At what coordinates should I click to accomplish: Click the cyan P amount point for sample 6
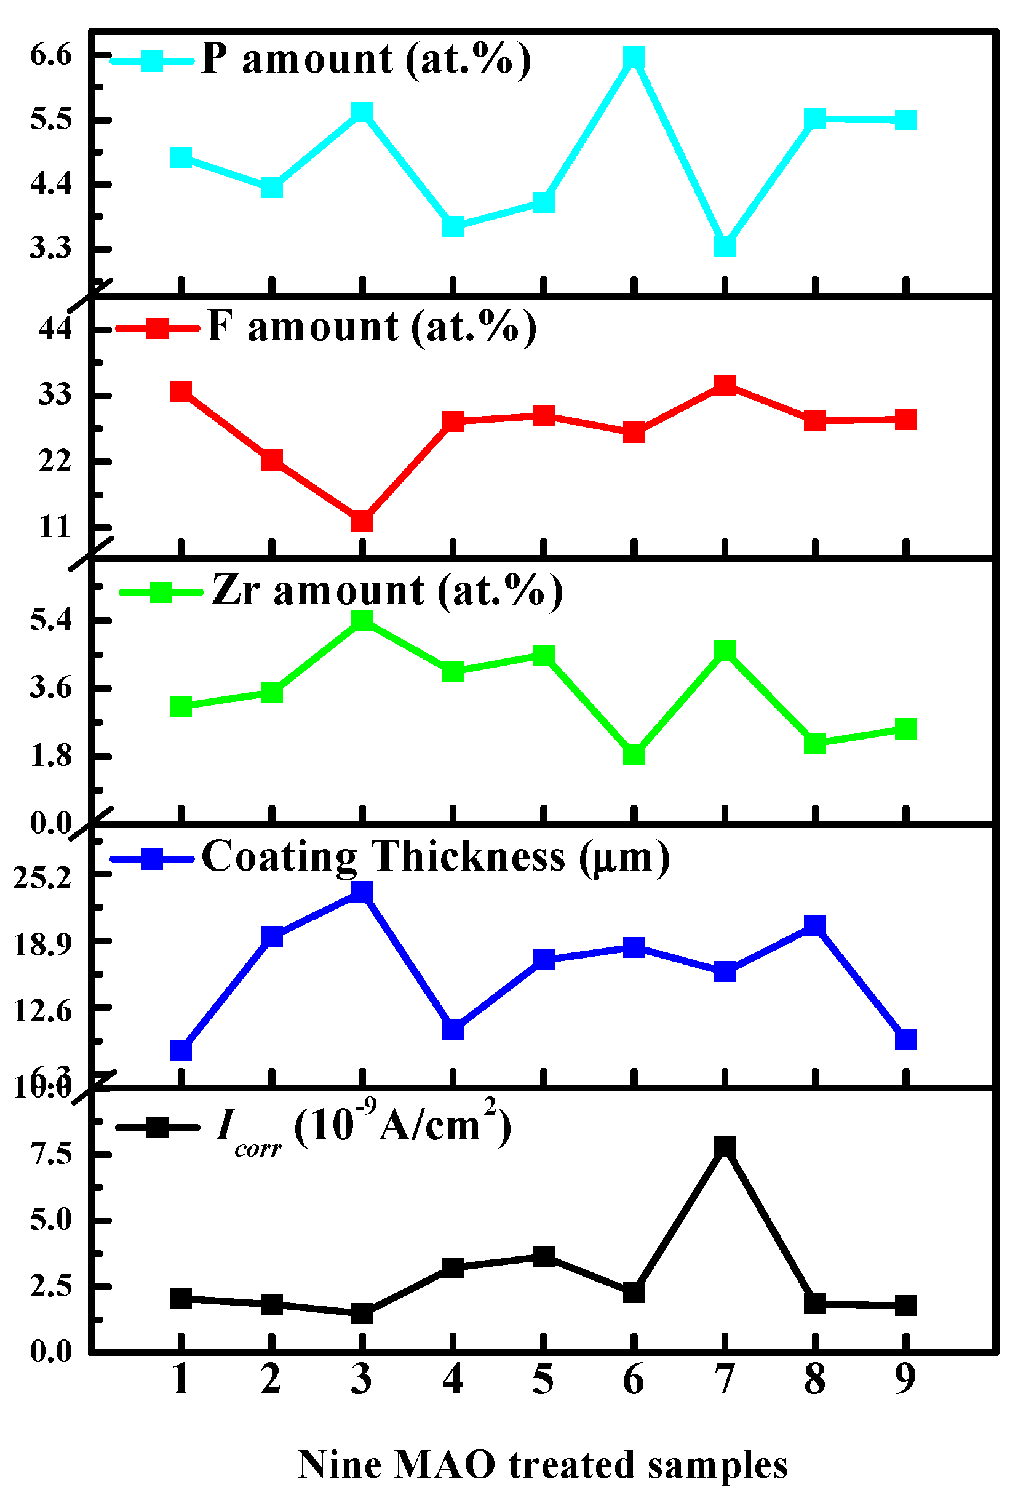pos(634,57)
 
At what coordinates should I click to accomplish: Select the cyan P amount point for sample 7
pos(725,245)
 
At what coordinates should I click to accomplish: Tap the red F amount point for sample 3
pos(362,520)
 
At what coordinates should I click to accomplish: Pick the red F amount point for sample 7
pos(725,385)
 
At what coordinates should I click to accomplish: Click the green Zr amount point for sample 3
pos(362,620)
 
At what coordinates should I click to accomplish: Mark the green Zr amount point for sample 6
pos(634,754)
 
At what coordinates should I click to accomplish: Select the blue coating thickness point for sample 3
pos(362,891)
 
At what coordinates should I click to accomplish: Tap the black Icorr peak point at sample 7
pos(725,1146)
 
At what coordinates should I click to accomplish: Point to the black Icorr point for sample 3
pos(362,1312)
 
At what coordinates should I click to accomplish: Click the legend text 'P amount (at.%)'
pos(366,59)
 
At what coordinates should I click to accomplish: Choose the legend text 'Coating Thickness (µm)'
pos(435,857)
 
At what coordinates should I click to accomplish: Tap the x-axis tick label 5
pos(543,1380)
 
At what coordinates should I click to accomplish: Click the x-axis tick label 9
pos(905,1380)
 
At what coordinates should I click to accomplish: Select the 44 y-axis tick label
pos(55,329)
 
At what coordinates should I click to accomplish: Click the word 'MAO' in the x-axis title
pos(444,1465)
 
